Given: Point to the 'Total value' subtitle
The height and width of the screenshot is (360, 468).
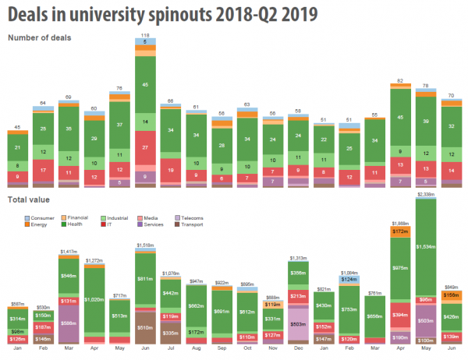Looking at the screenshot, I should (28, 201).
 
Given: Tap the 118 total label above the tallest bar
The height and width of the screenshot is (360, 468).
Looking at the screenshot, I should (145, 36).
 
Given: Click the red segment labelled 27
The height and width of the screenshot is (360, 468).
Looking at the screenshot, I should (145, 146).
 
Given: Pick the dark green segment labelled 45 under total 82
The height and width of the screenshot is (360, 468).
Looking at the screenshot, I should (400, 118).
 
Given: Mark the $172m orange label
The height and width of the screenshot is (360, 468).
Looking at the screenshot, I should (400, 232).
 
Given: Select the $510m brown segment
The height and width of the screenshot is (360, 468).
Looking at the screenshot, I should (145, 327).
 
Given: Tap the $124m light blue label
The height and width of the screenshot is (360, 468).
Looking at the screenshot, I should (349, 279).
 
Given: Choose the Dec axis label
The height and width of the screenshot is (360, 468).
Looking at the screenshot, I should (298, 350).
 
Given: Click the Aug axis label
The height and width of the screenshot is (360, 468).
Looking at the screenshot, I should (196, 350).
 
